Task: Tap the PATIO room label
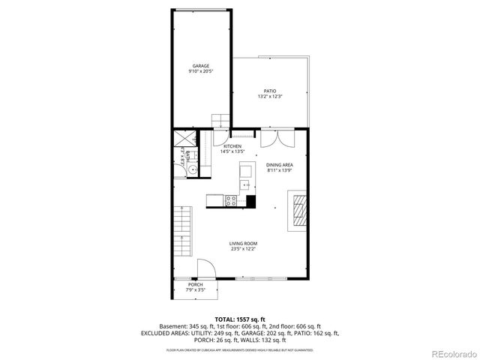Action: click(270, 91)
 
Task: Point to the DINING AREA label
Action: click(279, 164)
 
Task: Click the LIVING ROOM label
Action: click(243, 244)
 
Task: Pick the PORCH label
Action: click(196, 284)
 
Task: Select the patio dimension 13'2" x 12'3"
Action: click(270, 96)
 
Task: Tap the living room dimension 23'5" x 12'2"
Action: click(243, 249)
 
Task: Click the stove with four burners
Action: click(231, 200)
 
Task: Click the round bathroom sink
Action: click(193, 170)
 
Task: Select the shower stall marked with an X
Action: click(183, 139)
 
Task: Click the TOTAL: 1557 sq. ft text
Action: click(239, 319)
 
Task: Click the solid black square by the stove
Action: click(250, 201)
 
